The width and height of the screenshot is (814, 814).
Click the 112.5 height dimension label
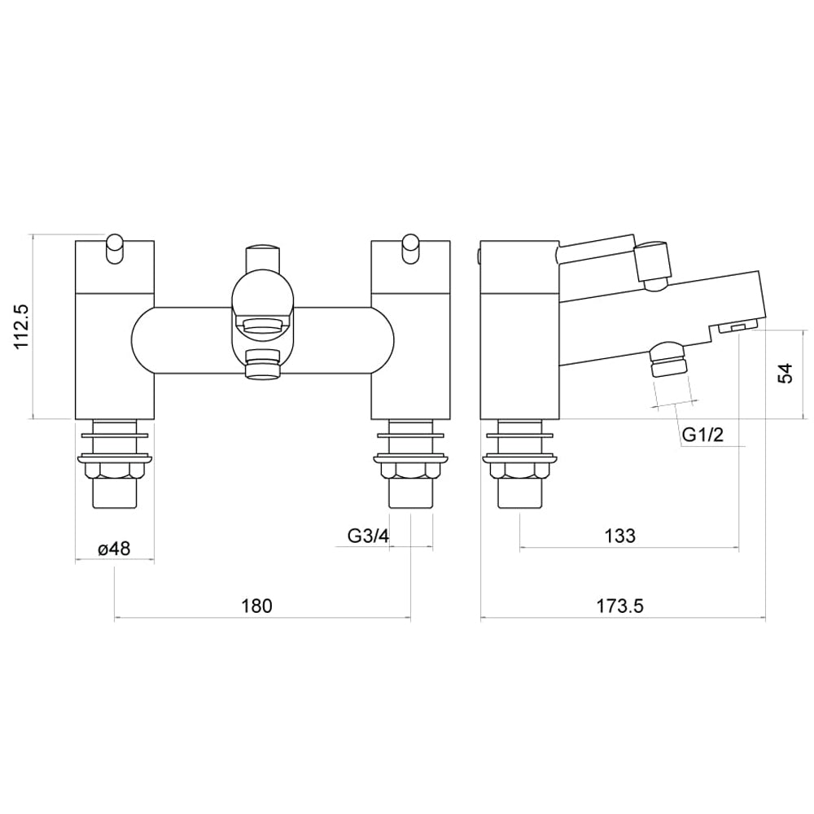[x=22, y=326]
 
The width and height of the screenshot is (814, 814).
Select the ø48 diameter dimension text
[x=114, y=549]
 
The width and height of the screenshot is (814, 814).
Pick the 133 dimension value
[x=619, y=536]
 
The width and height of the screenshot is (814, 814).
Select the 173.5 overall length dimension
[x=620, y=606]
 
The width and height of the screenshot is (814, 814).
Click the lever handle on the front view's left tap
[x=115, y=249]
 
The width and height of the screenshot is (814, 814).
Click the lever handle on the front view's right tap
[x=410, y=249]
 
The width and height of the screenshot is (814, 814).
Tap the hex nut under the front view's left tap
[x=114, y=470]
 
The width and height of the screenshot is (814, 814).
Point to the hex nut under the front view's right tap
[x=409, y=470]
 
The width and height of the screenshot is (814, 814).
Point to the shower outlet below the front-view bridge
[x=261, y=366]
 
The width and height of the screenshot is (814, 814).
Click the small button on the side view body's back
[x=478, y=256]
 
